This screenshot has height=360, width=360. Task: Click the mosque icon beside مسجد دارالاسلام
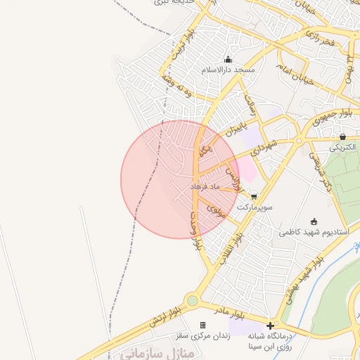point(226,60)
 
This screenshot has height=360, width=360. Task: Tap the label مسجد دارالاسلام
point(228,71)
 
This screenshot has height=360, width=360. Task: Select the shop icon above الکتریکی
point(342,136)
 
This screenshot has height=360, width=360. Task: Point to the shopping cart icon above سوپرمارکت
point(253,197)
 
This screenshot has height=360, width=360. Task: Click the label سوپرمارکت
point(253,208)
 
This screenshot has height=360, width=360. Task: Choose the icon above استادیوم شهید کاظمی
point(313,221)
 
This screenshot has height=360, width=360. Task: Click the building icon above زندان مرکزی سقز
point(202,325)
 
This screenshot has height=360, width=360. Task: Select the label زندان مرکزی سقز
point(203,335)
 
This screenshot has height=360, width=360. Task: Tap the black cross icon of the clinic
point(270,325)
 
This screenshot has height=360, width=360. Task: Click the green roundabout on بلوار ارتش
point(192,301)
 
